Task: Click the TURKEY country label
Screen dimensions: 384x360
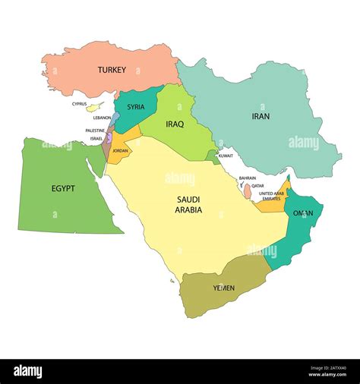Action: point(112,71)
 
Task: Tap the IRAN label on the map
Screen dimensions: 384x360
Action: point(261,116)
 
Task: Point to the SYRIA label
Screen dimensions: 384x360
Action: point(136,107)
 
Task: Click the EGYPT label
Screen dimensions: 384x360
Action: point(63,187)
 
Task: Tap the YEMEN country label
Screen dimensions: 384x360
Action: point(224,288)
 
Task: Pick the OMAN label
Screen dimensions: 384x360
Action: point(303,213)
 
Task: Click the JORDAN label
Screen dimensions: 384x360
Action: point(120,151)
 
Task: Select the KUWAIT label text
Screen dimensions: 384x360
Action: point(226,156)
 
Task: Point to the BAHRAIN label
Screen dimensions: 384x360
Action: point(247,178)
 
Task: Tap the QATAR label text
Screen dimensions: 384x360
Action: point(258,185)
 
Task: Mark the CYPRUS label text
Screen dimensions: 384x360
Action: point(79,104)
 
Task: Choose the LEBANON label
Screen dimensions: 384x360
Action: point(102,118)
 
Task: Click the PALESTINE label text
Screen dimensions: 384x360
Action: point(95,131)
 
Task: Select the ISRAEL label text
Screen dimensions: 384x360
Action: point(96,139)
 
